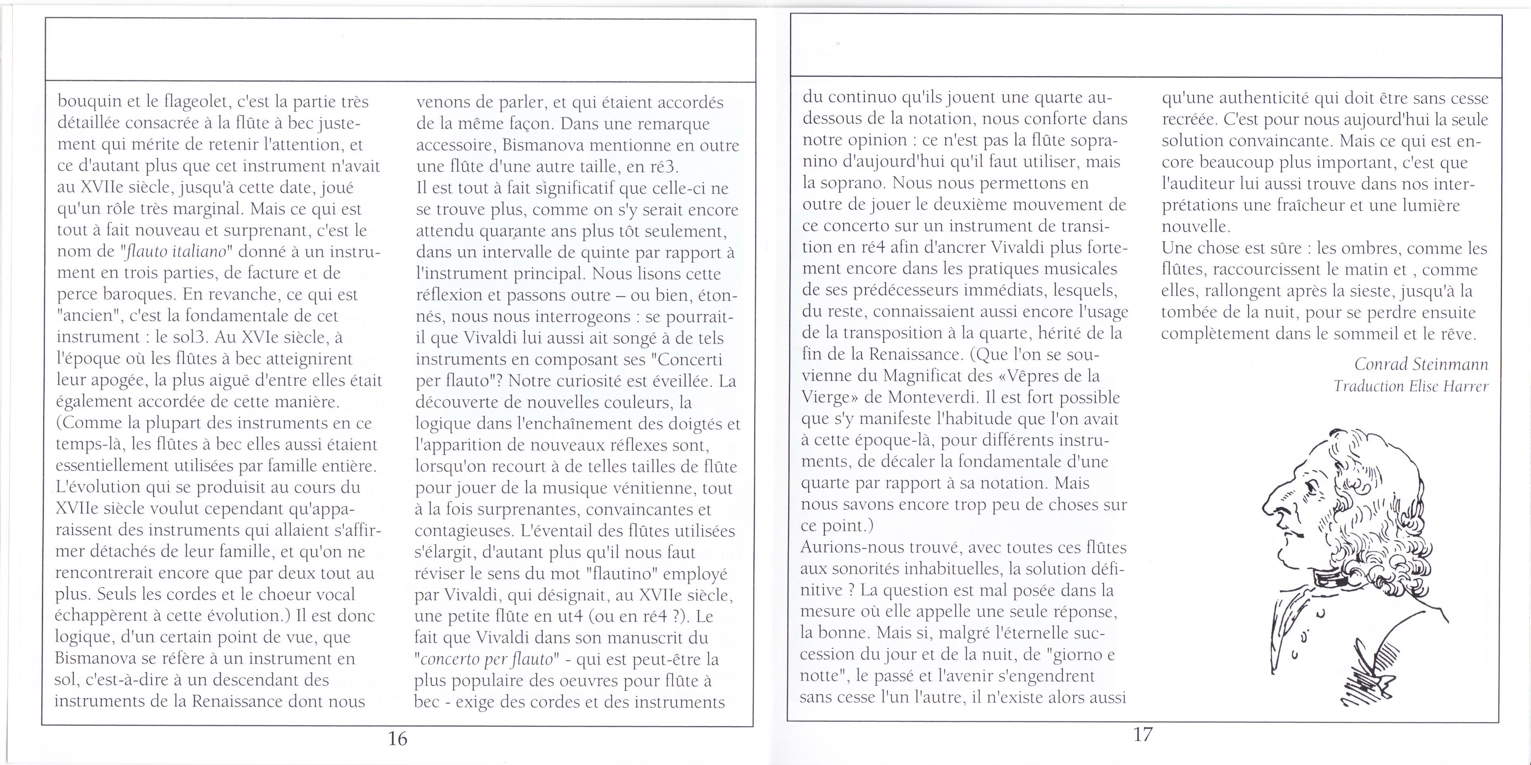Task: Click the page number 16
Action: click(x=398, y=738)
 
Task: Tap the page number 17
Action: click(x=1142, y=735)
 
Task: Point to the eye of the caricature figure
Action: click(x=1306, y=487)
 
